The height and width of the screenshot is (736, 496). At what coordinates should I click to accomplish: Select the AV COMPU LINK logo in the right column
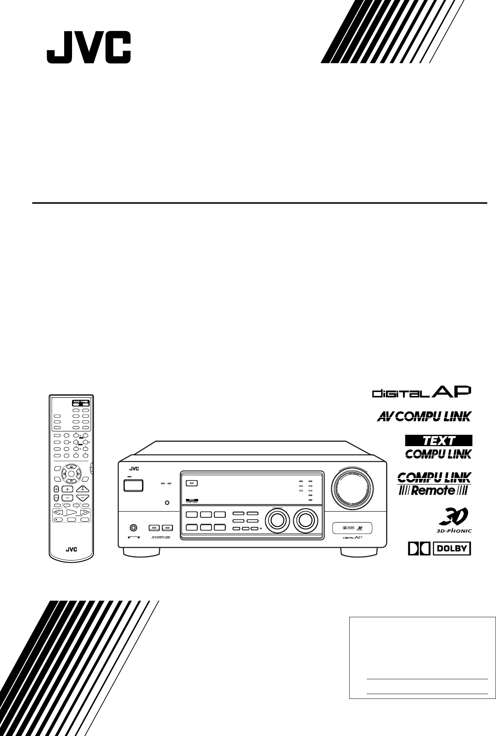click(424, 416)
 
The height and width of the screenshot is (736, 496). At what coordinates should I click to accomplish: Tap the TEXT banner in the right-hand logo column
click(438, 440)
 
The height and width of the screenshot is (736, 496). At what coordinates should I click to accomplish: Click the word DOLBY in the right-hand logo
click(452, 549)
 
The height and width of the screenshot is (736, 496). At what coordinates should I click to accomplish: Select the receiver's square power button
click(133, 485)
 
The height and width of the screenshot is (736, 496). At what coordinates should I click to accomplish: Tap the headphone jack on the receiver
click(133, 527)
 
